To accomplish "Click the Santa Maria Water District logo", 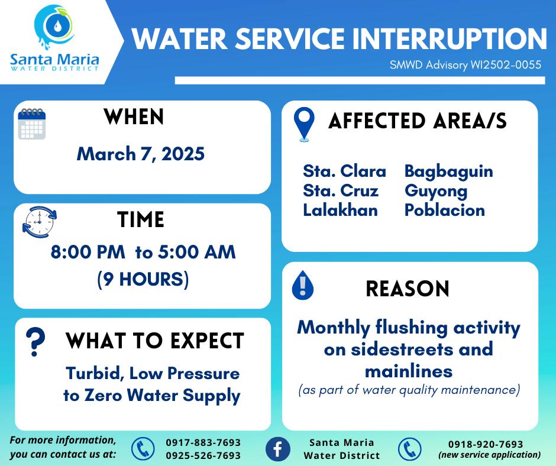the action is (x=54, y=38).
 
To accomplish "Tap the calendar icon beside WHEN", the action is (x=32, y=124).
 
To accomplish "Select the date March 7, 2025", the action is (x=141, y=154).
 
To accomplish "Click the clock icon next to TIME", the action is (x=40, y=222).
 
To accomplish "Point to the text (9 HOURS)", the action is (x=143, y=279).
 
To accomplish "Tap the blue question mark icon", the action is (x=35, y=342).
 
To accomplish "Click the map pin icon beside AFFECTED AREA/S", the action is (x=304, y=124).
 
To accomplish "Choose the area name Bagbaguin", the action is (x=448, y=171).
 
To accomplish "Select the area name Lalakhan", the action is (x=341, y=210).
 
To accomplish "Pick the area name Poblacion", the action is (x=445, y=210).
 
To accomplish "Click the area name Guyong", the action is (x=436, y=192).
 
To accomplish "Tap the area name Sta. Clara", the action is (x=344, y=171).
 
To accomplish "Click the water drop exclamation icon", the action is (x=302, y=286).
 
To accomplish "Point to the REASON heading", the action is (x=408, y=289).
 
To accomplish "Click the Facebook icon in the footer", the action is (x=277, y=449).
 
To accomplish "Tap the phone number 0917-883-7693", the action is (x=203, y=442).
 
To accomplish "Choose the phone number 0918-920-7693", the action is (x=486, y=444).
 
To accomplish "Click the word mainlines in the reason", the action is (x=409, y=371).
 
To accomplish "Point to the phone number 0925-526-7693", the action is (x=203, y=455).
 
